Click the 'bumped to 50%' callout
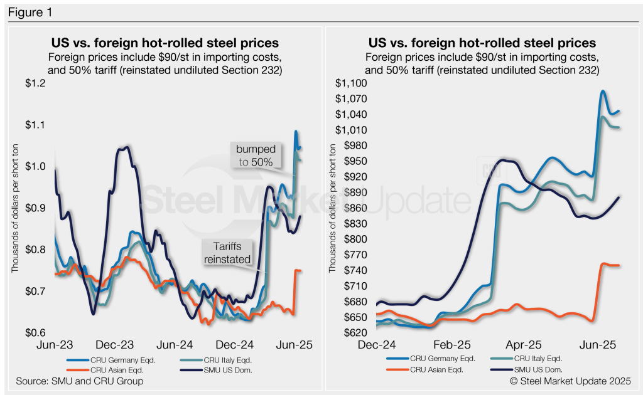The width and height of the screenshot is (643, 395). (x=254, y=155)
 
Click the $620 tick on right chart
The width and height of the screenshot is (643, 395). (x=354, y=332)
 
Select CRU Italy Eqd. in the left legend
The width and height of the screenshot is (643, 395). (x=232, y=360)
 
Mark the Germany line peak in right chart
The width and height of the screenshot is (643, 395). (x=603, y=91)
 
